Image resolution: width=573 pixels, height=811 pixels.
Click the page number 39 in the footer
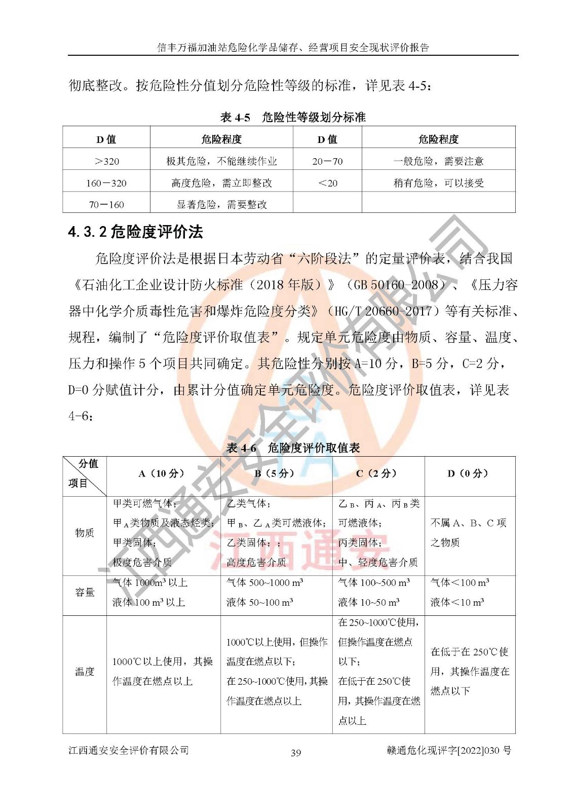click(296, 753)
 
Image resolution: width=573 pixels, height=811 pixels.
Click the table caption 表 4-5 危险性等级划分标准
click(293, 118)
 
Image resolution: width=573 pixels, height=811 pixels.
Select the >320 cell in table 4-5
click(106, 161)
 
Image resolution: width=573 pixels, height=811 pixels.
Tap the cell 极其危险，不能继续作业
click(221, 161)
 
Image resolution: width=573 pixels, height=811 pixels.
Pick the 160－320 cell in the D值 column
click(106, 183)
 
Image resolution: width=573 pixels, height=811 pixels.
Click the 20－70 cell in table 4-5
click(327, 161)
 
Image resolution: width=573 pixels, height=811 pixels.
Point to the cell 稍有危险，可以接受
click(438, 183)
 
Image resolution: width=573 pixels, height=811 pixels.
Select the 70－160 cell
click(106, 205)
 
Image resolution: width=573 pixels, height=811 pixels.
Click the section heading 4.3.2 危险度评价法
click(135, 232)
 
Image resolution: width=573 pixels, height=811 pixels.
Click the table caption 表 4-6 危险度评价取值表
click(293, 448)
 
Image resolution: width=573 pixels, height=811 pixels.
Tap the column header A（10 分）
click(163, 473)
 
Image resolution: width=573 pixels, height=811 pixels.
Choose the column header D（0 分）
click(469, 473)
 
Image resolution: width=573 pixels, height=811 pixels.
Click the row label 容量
click(85, 592)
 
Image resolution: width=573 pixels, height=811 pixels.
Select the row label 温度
click(85, 672)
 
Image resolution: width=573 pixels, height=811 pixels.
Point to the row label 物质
click(85, 532)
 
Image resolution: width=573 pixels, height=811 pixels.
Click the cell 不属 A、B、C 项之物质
click(468, 532)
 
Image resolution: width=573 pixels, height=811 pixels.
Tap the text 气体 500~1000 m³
click(264, 583)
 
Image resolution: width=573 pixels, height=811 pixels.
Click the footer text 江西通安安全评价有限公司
click(129, 750)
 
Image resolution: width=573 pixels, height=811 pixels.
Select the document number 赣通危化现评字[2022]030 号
click(448, 751)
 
